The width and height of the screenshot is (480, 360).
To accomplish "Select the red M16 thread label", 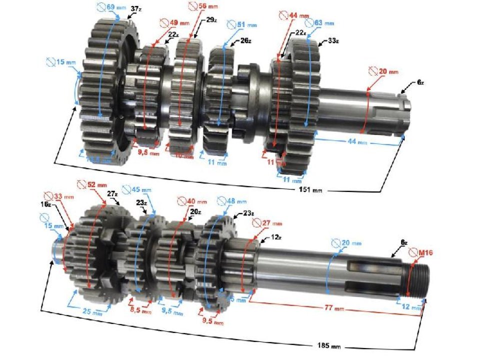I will click(425, 253).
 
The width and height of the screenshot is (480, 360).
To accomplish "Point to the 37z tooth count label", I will click(135, 9).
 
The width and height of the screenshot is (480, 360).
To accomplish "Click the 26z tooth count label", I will click(245, 41).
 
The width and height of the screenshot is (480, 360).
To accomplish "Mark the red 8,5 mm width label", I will click(141, 310).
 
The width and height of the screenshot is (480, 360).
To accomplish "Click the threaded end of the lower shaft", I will click(417, 277).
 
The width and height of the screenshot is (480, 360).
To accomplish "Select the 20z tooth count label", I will click(195, 211).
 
